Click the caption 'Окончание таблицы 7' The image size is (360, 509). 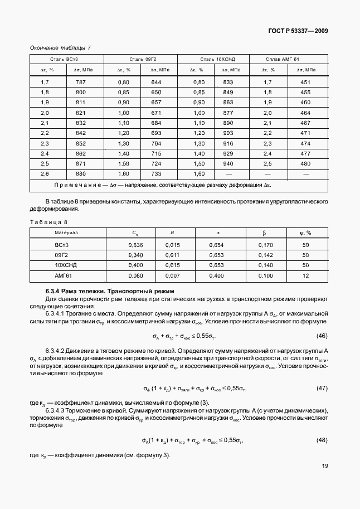point(60,47)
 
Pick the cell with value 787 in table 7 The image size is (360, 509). point(81,83)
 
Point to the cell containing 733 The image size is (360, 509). point(156,173)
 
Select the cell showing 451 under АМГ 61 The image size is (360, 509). point(305,83)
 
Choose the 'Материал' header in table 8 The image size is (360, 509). point(66,232)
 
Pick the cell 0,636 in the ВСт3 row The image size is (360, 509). point(135,245)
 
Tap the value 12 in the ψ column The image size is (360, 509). point(305,276)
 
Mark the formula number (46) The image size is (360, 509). point(322,336)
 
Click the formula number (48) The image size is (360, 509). point(322,440)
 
